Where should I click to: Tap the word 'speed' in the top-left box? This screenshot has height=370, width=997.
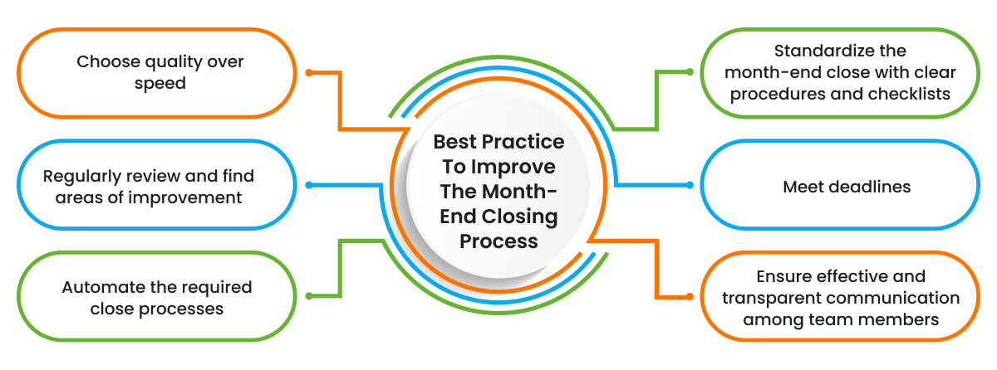[160, 84]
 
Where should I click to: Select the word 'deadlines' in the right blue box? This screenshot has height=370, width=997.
[870, 187]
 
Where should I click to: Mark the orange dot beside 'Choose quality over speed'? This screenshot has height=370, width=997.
[309, 73]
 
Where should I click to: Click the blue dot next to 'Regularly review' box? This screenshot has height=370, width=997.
[309, 185]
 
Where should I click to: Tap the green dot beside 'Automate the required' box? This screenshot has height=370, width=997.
[309, 296]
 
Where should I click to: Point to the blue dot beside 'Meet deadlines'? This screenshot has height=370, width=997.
[689, 185]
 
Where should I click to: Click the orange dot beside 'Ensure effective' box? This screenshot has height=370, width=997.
[689, 296]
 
